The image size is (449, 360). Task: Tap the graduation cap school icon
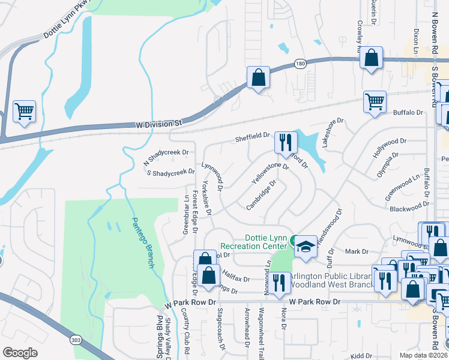coord(306,247)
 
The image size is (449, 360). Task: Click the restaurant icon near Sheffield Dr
coord(285,142)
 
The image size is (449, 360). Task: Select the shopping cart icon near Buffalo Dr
coord(375,101)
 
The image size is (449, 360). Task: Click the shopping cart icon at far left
coord(24,111)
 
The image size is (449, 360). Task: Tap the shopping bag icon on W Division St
coord(258,77)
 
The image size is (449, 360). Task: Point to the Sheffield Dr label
coord(252,137)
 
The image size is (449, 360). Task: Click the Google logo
coord(20,352)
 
